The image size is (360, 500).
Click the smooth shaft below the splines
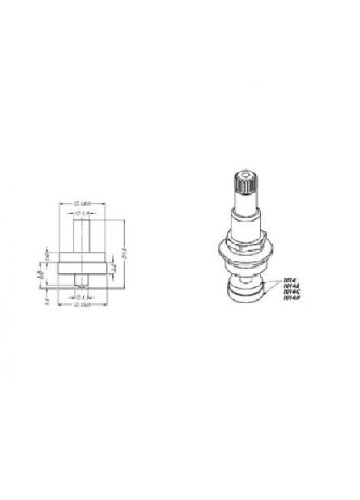tap(243, 218)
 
